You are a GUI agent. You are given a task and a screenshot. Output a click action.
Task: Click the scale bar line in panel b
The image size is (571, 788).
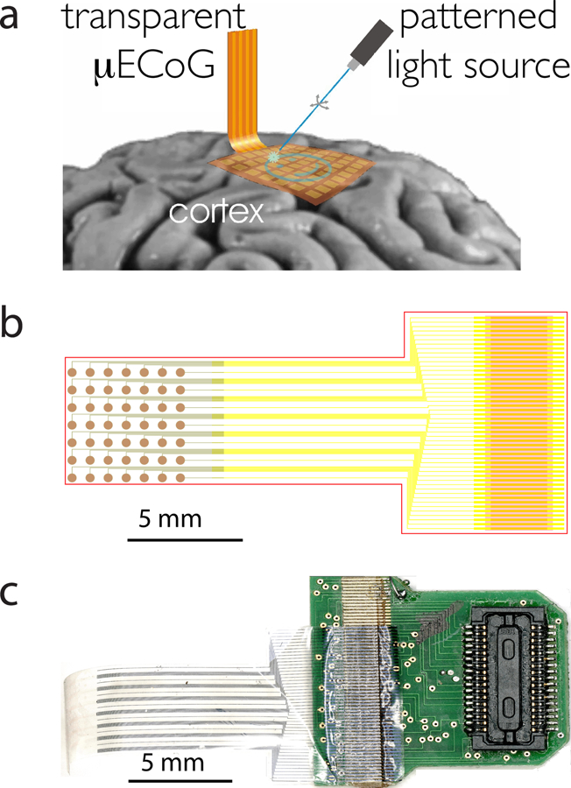coord(184,538)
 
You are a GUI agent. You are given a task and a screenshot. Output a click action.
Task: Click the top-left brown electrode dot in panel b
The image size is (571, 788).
coord(73,372)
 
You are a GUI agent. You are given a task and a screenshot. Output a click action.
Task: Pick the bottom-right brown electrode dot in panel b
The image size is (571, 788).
coord(181,477)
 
